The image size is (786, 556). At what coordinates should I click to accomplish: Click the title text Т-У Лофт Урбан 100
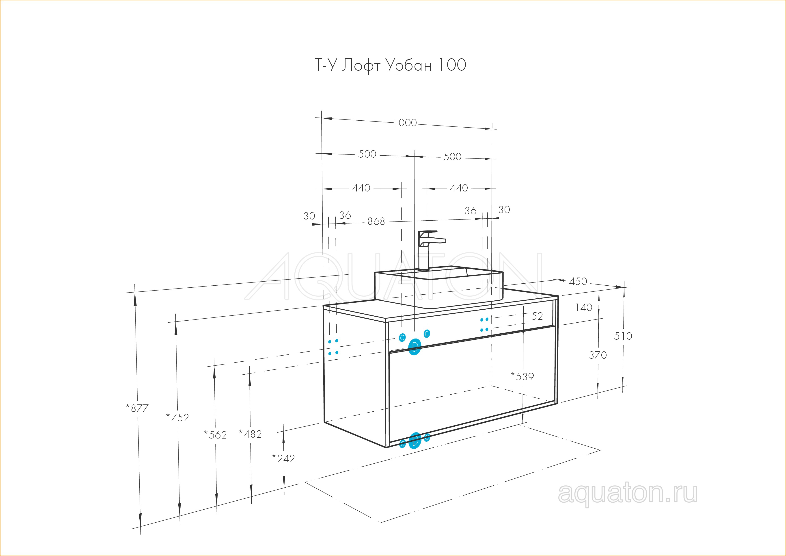pos(390,65)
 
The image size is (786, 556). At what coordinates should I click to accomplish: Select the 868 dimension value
pos(376,222)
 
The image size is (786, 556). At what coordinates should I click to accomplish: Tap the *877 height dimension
pos(137,408)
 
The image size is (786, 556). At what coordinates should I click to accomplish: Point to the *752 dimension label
pos(177,417)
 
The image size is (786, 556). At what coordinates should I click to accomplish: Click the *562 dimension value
pos(215,435)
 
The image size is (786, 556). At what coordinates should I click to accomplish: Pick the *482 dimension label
pos(250,434)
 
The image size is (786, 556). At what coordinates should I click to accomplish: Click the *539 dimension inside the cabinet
pos(523,376)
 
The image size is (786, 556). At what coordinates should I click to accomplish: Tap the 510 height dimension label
pos(623,336)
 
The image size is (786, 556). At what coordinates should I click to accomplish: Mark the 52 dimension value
pos(537,316)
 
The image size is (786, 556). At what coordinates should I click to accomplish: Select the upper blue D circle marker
pos(415,347)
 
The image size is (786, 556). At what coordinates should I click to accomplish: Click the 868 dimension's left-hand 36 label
pos(345,215)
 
